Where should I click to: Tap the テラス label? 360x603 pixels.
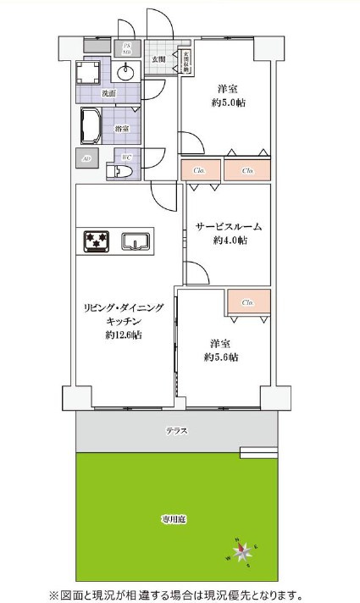tap(176, 431)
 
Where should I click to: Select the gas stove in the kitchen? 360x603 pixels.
tap(96, 243)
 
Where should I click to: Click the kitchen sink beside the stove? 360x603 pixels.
tap(136, 243)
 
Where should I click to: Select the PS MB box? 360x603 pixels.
tap(127, 48)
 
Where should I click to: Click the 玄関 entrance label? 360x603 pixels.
tap(158, 59)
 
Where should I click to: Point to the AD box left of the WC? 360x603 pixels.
tap(86, 158)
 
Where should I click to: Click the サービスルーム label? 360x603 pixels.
tap(229, 226)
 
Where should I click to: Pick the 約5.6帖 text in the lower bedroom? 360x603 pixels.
tap(221, 357)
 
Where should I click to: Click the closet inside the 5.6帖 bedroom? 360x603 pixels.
tap(247, 302)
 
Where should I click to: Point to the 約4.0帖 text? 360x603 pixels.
tap(230, 241)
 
